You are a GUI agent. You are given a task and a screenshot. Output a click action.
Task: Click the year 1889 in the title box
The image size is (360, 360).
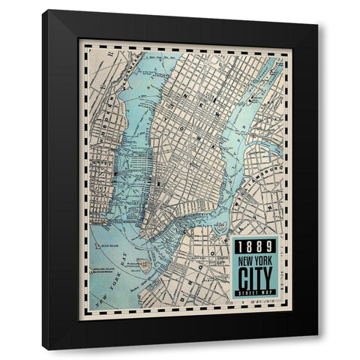tap(255, 247)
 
